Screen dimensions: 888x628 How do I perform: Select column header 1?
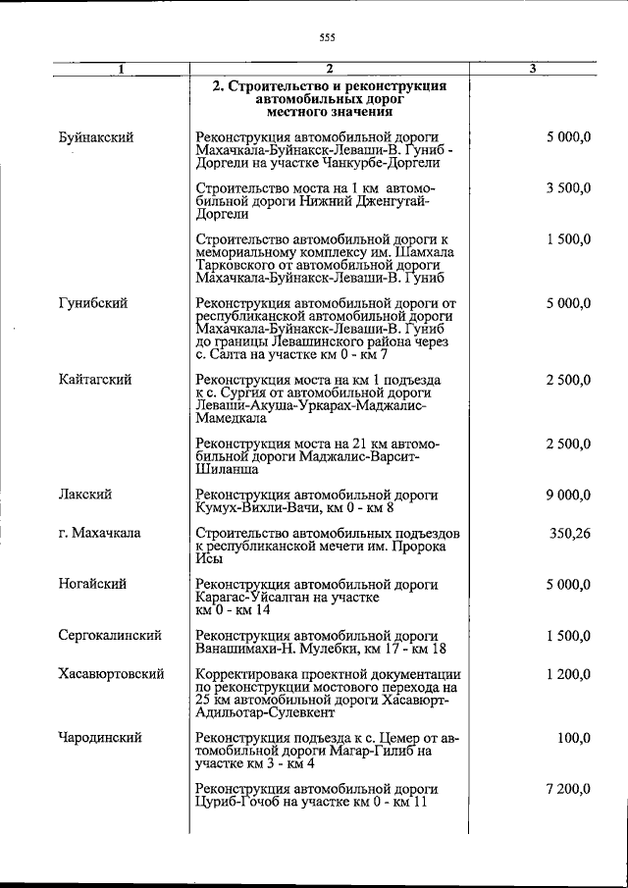pos(121,69)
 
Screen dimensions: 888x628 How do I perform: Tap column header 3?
pos(532,69)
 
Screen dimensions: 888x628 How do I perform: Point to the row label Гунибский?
pos(92,303)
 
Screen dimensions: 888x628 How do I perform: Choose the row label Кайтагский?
pos(95,379)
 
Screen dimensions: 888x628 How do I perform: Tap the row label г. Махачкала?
pos(99,533)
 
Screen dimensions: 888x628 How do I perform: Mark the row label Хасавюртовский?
pos(111,674)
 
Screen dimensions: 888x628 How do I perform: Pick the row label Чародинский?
pos(100,737)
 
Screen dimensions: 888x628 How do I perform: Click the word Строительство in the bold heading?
pos(270,86)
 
